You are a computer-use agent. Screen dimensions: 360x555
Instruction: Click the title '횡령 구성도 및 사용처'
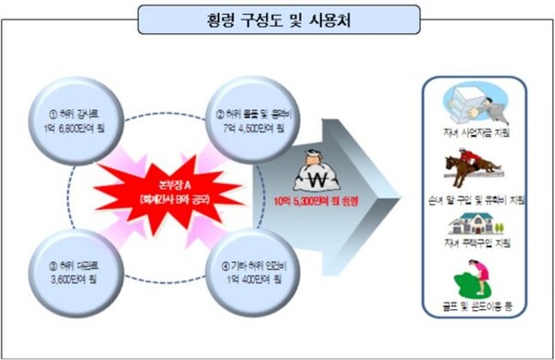[x=277, y=18]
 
